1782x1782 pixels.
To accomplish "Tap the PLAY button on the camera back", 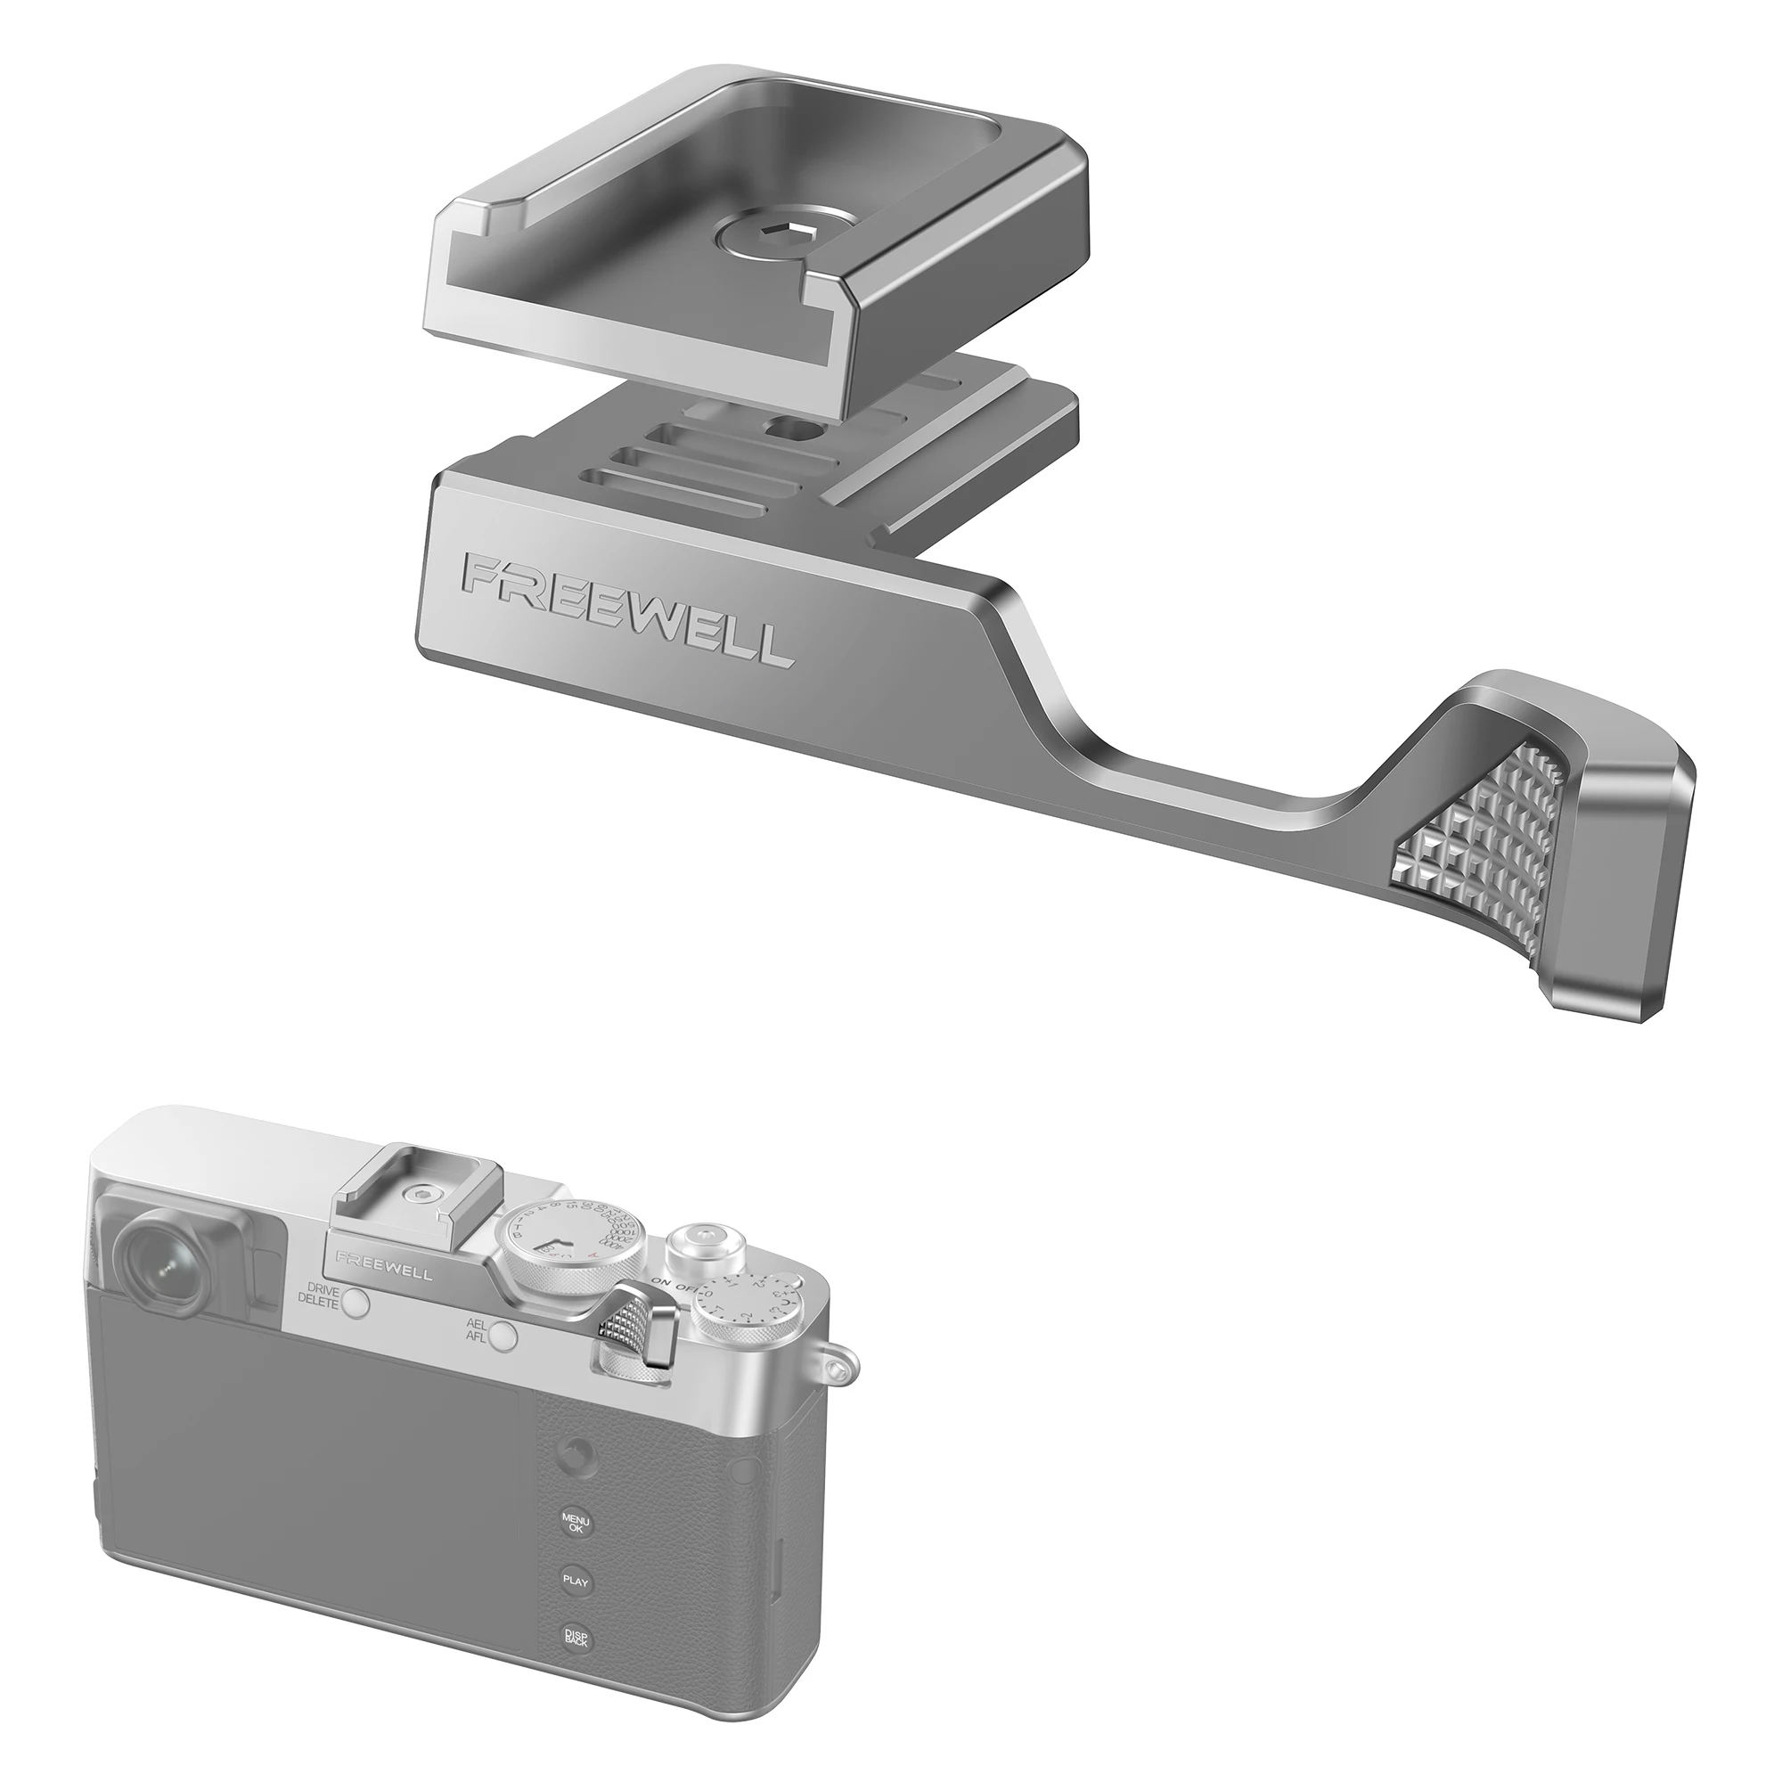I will pyautogui.click(x=576, y=1579).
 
